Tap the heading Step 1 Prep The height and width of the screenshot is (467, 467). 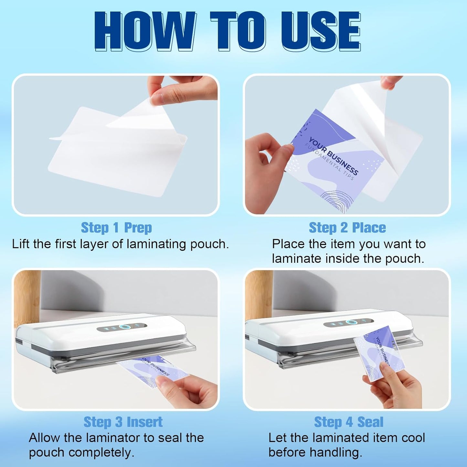pos(116,228)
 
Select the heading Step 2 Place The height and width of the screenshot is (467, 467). pos(347,228)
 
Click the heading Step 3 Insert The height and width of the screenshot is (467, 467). pos(123,422)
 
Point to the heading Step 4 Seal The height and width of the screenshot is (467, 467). pos(348,422)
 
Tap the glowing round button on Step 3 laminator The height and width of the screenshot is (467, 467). pos(123,327)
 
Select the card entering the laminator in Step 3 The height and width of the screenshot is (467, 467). pos(152,368)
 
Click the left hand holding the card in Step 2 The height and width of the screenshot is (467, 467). pos(265,171)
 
